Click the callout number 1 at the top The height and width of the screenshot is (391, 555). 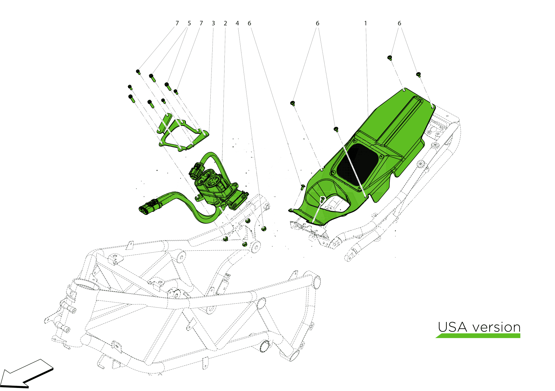pos(365,23)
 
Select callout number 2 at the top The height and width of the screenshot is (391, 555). pos(225,23)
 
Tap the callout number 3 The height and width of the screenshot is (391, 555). pos(213,23)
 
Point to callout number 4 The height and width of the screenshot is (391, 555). pos(237,23)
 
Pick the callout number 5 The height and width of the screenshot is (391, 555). pos(189,23)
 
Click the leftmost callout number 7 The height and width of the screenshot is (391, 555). pos(177,23)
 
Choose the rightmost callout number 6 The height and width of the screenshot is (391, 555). pos(399,23)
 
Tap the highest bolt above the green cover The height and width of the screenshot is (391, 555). pos(390,58)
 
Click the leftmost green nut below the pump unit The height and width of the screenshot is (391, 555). pos(226,238)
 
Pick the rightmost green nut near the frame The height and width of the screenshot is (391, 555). pos(264,229)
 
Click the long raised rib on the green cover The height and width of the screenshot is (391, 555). pos(400,119)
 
